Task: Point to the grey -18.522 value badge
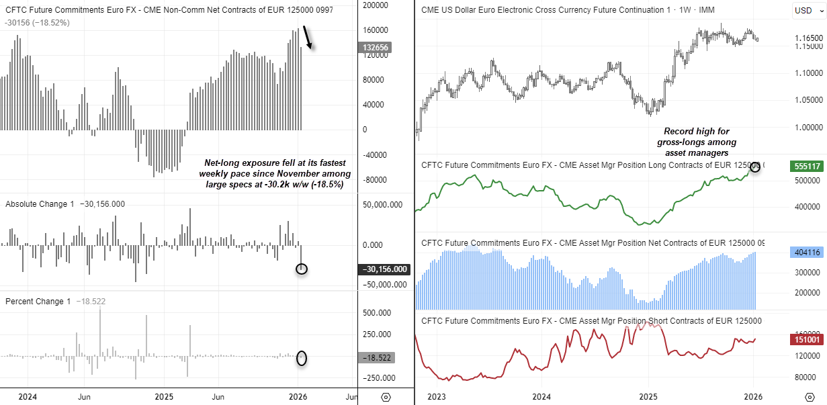coord(378,358)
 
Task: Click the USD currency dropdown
coord(806,10)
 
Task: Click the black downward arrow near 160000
coord(308,38)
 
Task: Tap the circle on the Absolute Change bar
coord(302,269)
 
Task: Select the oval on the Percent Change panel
coord(302,358)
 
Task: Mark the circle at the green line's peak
coord(755,167)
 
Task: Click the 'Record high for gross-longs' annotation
coord(696,142)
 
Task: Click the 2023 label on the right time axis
coord(437,396)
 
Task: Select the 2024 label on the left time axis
coord(27,396)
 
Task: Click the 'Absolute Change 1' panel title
coord(38,204)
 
